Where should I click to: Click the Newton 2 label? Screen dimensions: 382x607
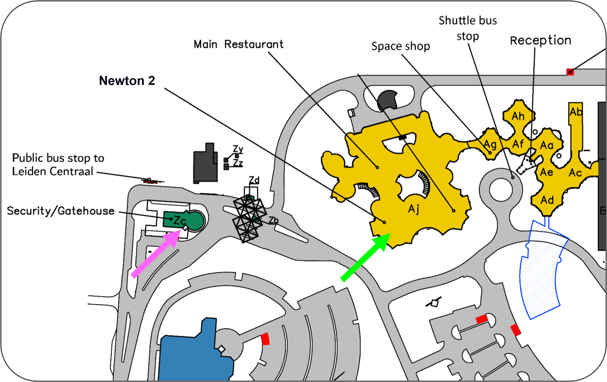click(x=127, y=81)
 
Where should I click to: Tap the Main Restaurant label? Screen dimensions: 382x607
click(x=238, y=44)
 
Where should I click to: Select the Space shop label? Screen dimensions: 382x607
click(x=401, y=46)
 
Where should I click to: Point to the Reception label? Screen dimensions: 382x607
click(x=541, y=41)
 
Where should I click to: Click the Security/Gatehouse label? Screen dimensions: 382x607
click(x=61, y=211)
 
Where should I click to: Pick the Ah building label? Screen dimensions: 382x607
click(x=518, y=116)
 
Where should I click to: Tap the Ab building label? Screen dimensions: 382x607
click(x=576, y=112)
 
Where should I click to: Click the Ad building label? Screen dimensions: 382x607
click(x=547, y=200)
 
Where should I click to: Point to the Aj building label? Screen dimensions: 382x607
click(x=414, y=209)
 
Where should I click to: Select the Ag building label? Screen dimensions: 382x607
click(x=490, y=145)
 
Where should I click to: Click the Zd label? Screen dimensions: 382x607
click(x=254, y=180)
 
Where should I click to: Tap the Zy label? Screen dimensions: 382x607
click(x=238, y=149)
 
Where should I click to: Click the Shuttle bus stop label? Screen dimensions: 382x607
click(x=468, y=28)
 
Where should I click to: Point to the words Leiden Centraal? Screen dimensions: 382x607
click(x=52, y=171)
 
